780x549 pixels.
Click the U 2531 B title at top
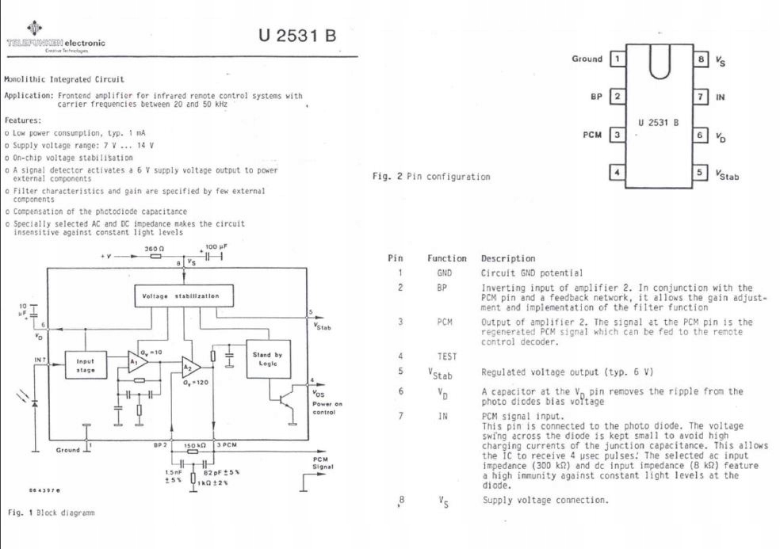pyautogui.click(x=297, y=36)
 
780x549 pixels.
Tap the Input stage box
pyautogui.click(x=85, y=364)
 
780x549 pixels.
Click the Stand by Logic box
pyautogui.click(x=272, y=358)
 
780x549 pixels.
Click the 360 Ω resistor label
pyautogui.click(x=152, y=248)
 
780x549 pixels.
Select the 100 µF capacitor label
pyautogui.click(x=216, y=248)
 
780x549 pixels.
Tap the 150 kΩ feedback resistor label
pyautogui.click(x=194, y=446)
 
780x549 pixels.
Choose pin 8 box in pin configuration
pyautogui.click(x=701, y=59)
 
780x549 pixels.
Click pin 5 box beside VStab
pyautogui.click(x=701, y=172)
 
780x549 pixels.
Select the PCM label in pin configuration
pyautogui.click(x=593, y=135)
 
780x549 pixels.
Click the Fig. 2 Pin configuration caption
pyautogui.click(x=431, y=176)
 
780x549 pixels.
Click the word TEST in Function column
pyautogui.click(x=440, y=356)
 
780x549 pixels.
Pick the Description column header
pyautogui.click(x=507, y=258)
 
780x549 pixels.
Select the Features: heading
pyautogui.click(x=23, y=120)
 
